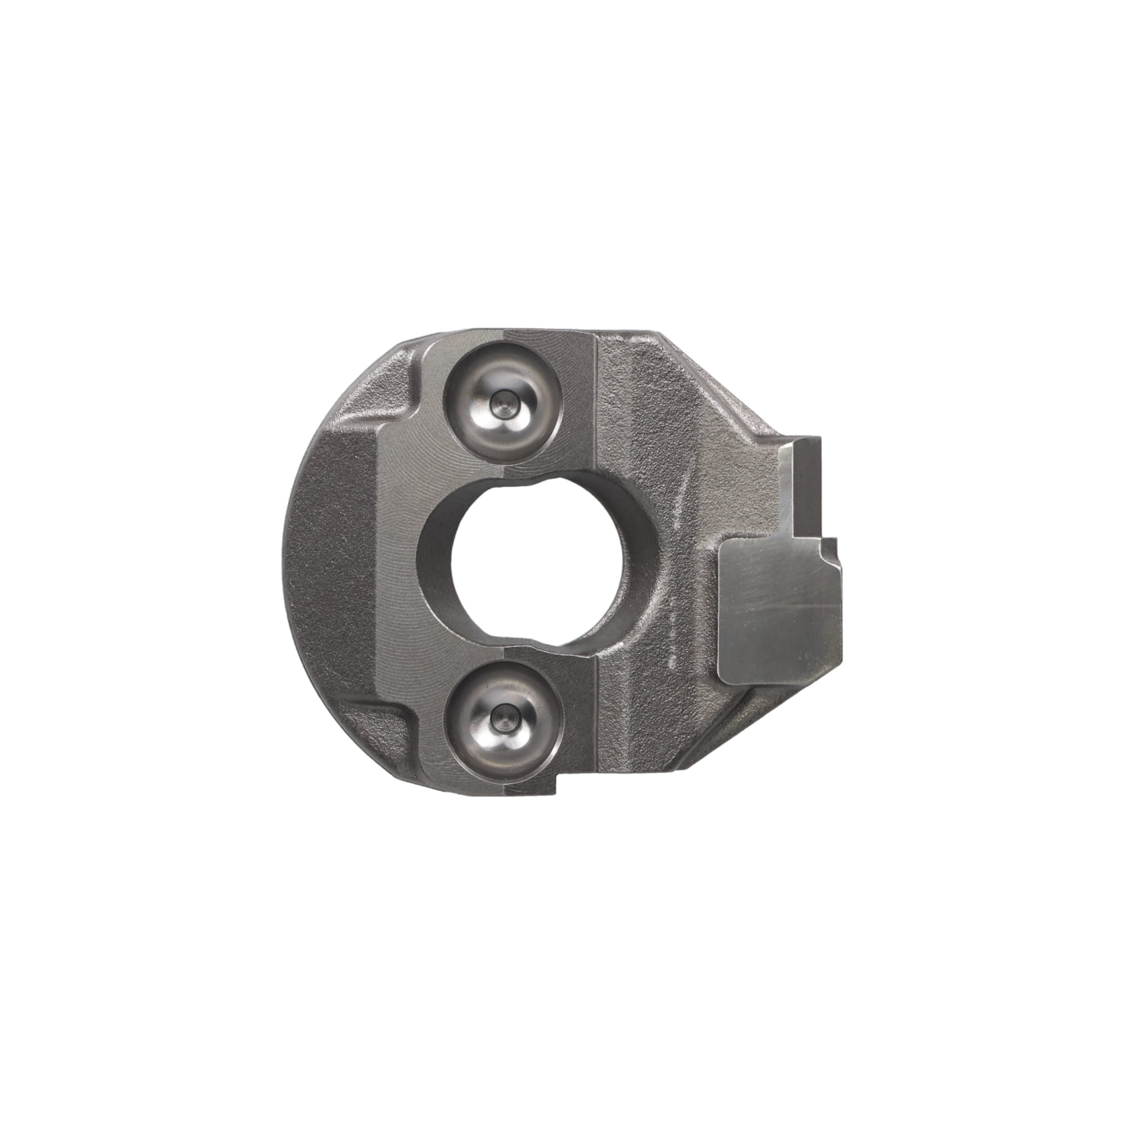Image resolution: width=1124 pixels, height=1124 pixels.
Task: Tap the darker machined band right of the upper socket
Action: click(x=576, y=401)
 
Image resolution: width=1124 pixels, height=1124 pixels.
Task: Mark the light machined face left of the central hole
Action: click(x=401, y=559)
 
